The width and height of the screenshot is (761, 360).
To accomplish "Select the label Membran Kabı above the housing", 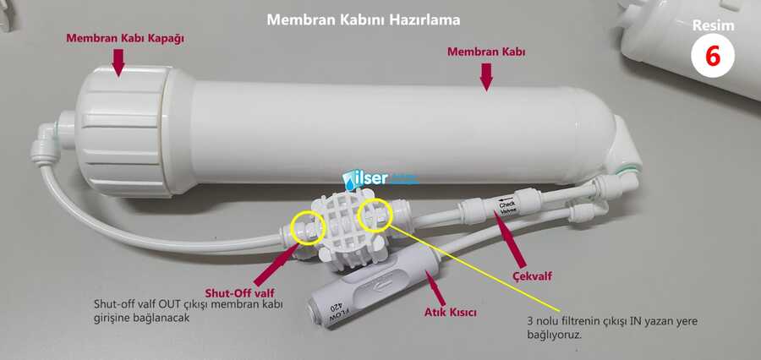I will click(486, 52).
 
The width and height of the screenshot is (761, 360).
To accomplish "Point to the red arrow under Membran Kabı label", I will click(486, 77).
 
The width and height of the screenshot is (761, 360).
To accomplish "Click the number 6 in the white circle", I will click(713, 56).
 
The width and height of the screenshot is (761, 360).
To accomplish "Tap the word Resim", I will click(713, 25).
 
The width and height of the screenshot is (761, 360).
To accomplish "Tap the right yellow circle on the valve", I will click(374, 215).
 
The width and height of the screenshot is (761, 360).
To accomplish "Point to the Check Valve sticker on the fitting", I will click(507, 207).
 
